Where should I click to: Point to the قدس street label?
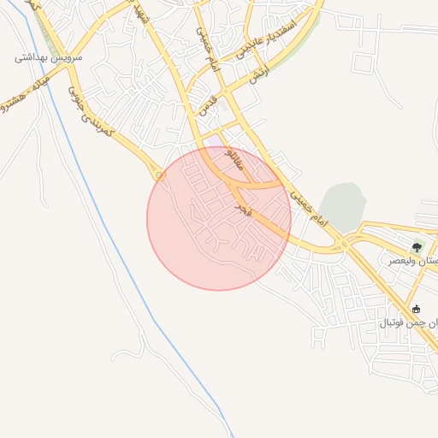coord(207,104)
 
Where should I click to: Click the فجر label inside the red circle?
coord(243,210)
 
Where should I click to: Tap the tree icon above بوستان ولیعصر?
coord(417,246)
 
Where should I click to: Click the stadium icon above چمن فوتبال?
coord(417,309)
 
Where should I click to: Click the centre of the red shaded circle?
coord(219,218)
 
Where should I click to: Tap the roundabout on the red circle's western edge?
coord(161,175)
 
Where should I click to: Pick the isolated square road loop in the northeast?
coord(364,65)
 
